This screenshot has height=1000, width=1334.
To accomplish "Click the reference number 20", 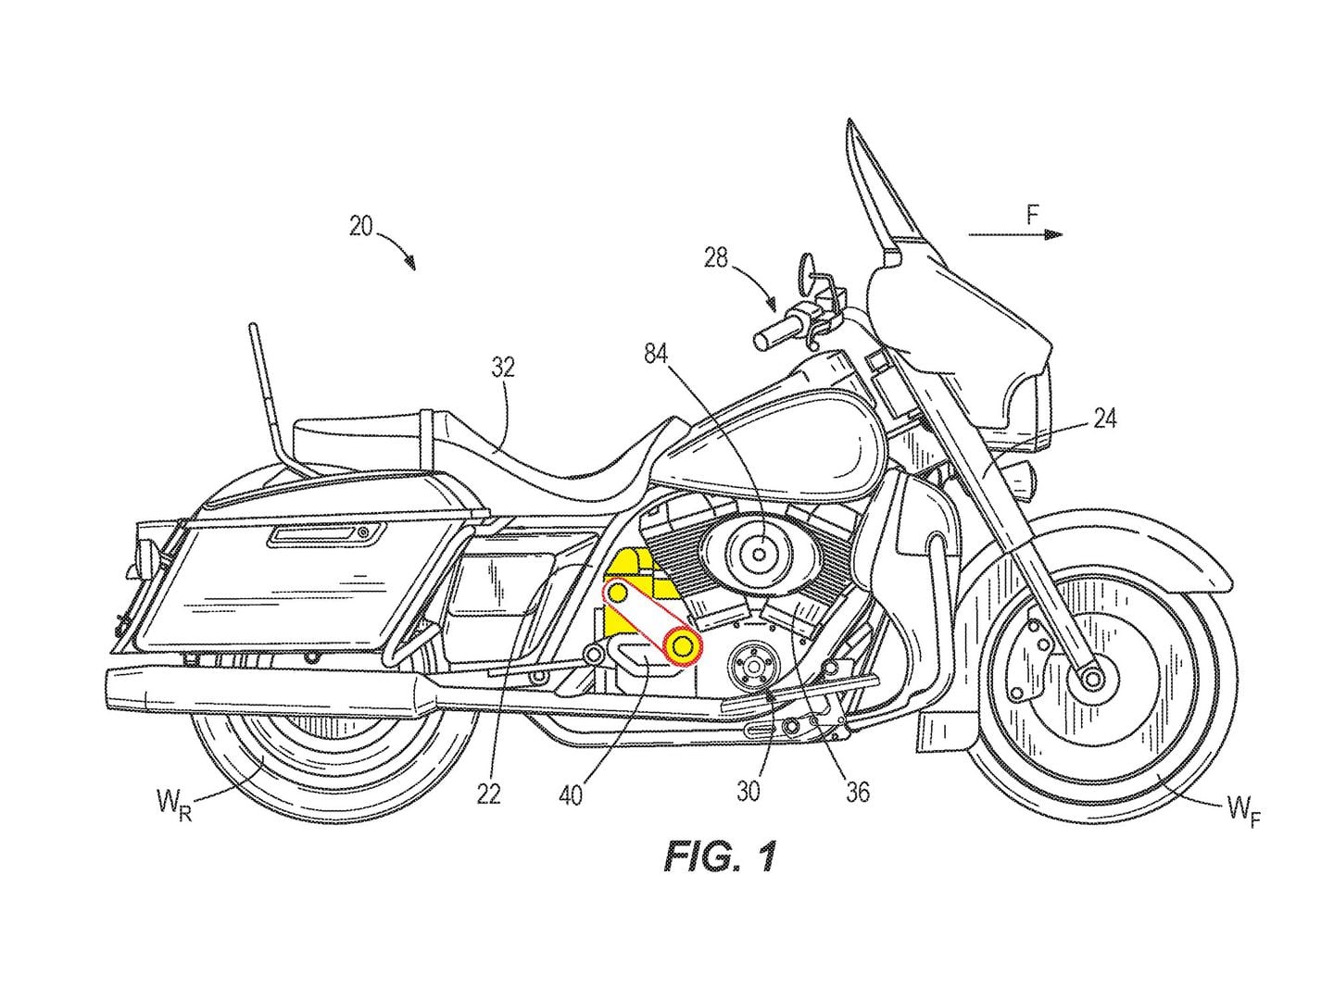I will pyautogui.click(x=361, y=226).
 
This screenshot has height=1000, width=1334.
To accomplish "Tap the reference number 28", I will pyautogui.click(x=716, y=257).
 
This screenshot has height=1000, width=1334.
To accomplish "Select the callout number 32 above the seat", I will pyautogui.click(x=504, y=368).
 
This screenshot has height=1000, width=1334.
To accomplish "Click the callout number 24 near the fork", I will pyautogui.click(x=1103, y=419).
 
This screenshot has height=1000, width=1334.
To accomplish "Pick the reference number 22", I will pyautogui.click(x=489, y=793).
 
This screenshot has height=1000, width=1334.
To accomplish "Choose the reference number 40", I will pyautogui.click(x=572, y=794).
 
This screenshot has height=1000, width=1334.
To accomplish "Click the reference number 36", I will pyautogui.click(x=858, y=793).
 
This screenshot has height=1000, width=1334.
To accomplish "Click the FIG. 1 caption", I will pyautogui.click(x=718, y=857).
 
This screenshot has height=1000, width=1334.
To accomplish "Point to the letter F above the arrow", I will pyautogui.click(x=1032, y=217).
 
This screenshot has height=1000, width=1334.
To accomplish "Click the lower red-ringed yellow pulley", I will pyautogui.click(x=683, y=644).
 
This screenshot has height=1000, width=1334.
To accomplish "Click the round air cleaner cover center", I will pyautogui.click(x=759, y=555).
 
